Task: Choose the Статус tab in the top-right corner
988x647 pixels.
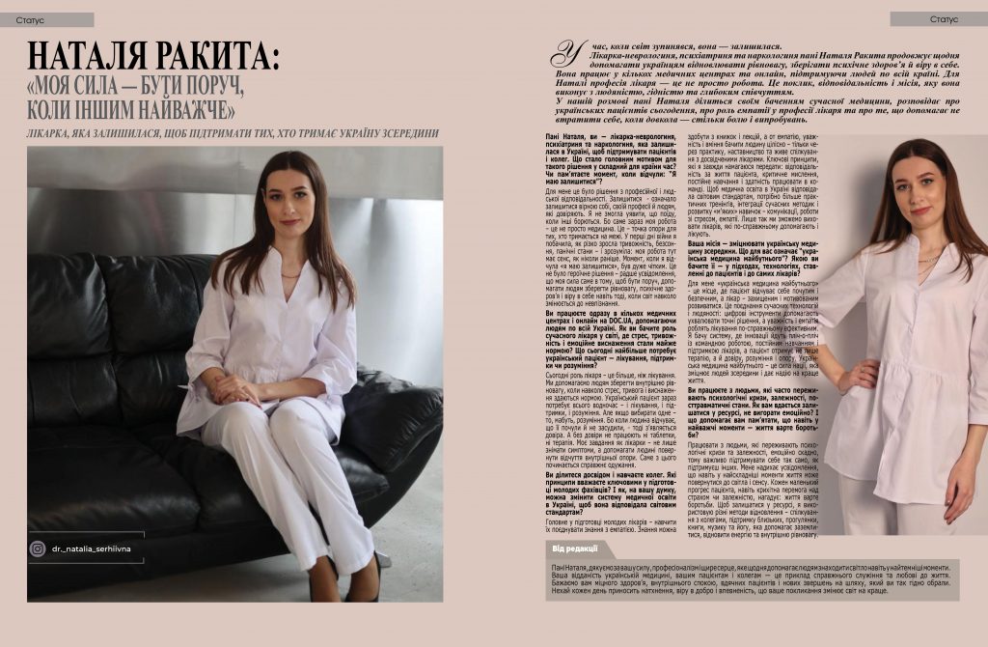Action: (x=943, y=19)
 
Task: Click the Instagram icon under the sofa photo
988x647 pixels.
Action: (x=38, y=549)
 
